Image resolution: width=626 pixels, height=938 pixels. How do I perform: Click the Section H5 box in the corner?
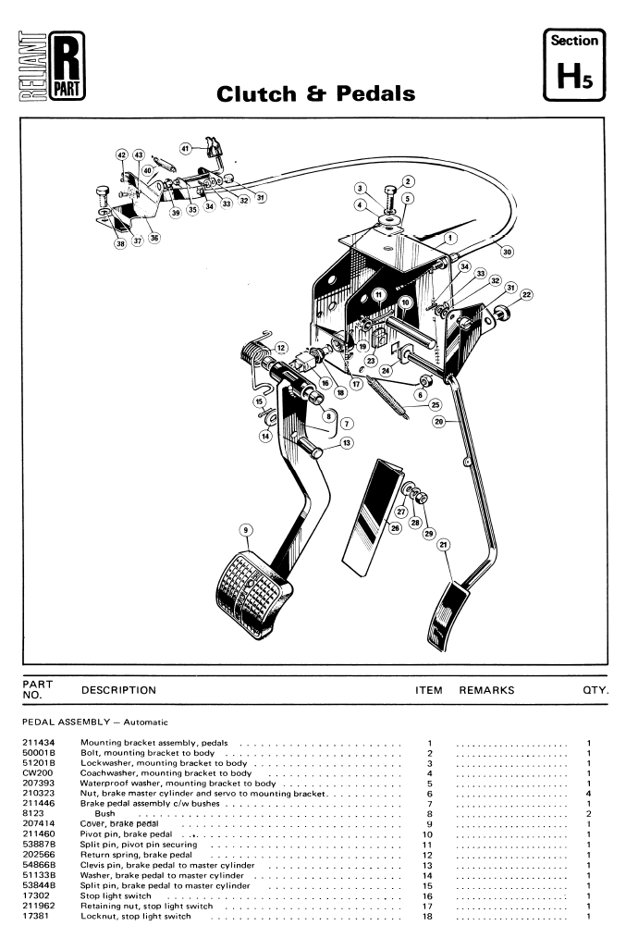point(574,64)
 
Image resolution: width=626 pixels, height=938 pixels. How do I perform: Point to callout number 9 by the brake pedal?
point(246,530)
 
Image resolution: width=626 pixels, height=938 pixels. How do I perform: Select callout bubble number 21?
point(444,545)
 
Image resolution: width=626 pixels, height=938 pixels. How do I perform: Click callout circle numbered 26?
point(395,528)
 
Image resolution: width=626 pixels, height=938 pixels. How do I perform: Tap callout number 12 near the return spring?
point(281,348)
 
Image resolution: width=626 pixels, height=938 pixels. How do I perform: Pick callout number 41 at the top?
point(186,148)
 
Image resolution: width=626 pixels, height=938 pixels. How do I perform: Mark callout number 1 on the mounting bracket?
point(450,237)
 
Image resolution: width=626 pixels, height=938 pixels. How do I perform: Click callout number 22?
point(526,295)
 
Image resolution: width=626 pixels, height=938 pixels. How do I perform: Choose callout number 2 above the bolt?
point(408,182)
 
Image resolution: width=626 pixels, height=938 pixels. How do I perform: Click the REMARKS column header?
point(486,690)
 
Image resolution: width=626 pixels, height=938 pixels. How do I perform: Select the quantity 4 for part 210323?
point(589,794)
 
